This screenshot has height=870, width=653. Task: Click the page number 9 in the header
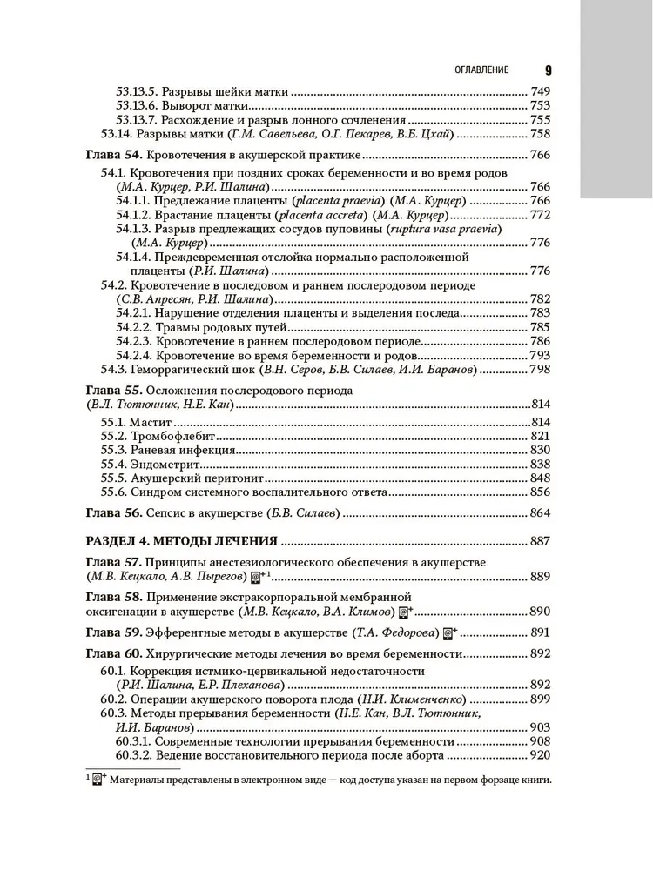[548, 70]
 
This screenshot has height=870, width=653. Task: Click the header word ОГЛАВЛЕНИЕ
[476, 70]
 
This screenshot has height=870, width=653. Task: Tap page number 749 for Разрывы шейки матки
[540, 90]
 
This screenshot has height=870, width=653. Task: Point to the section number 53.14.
[116, 133]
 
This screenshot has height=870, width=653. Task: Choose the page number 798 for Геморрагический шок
[540, 370]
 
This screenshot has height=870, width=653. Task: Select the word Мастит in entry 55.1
[149, 421]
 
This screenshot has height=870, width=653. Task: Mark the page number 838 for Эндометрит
[540, 464]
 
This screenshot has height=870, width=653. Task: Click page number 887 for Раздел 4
[540, 540]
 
